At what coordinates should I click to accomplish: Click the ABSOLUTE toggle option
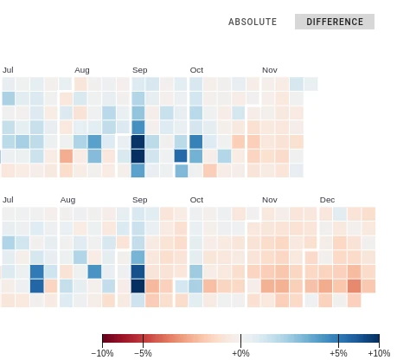point(253,22)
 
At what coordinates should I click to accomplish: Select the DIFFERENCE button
point(335,22)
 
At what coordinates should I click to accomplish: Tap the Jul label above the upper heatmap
point(8,70)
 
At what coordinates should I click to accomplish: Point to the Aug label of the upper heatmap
point(82,70)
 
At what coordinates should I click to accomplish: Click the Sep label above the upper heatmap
point(140,70)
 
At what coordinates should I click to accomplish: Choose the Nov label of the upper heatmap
point(270,70)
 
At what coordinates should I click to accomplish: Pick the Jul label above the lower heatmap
point(8,200)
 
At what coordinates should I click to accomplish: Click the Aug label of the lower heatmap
point(67,200)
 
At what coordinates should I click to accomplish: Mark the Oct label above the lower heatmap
point(196,200)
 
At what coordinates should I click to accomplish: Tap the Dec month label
point(327,200)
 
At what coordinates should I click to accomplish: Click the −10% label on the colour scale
point(102,353)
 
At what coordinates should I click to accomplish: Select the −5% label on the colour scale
point(143,353)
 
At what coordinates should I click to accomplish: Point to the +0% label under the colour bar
point(240,353)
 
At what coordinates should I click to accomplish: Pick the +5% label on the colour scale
point(338,353)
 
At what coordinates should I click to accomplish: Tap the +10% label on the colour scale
point(379,353)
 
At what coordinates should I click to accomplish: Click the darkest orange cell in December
point(355,286)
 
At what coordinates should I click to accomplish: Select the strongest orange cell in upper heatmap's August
point(66,156)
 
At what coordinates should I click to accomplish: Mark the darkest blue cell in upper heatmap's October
point(195,142)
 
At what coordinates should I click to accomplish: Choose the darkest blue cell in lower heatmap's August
point(94,272)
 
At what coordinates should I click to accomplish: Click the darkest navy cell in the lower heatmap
point(138,286)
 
